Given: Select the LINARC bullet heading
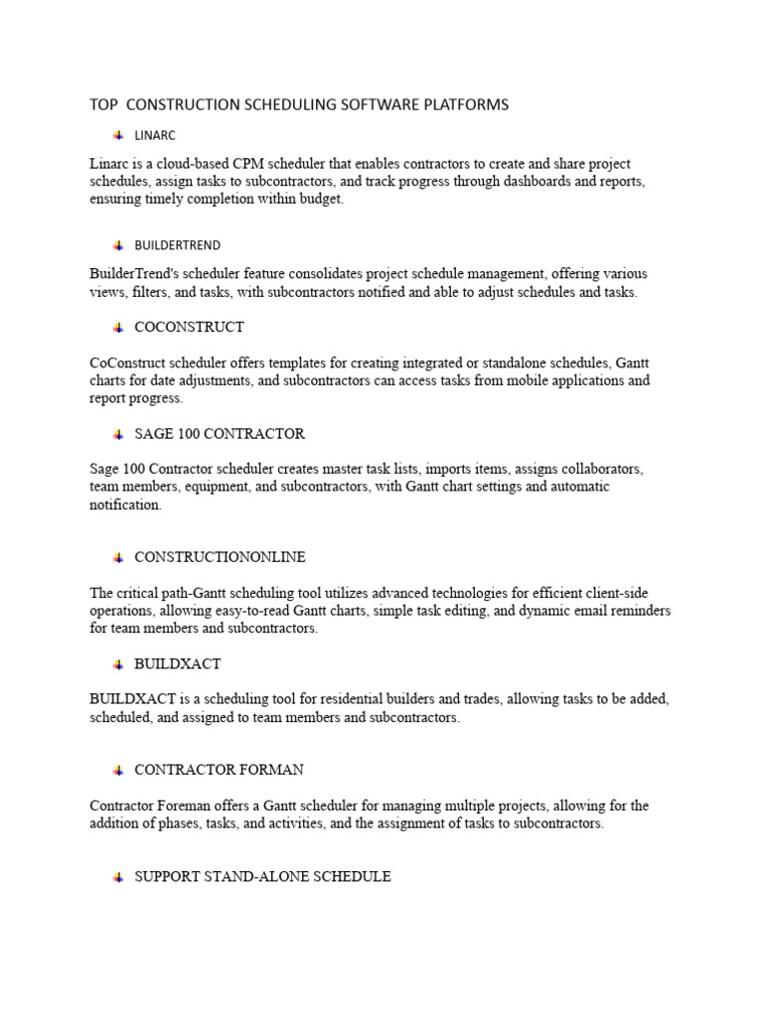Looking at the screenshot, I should (154, 136).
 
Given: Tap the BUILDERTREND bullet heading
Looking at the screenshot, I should (177, 245).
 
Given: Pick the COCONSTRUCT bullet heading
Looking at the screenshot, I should (189, 327).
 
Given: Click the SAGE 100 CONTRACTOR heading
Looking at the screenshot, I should (220, 434).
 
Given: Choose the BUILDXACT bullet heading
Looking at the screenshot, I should (178, 663).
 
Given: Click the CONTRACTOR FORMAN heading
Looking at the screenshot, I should (220, 770).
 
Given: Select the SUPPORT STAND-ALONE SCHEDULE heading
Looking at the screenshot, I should (262, 877).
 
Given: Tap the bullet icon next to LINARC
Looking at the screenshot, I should (118, 136).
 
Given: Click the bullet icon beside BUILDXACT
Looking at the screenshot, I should (118, 663).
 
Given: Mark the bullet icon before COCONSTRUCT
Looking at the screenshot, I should (118, 327).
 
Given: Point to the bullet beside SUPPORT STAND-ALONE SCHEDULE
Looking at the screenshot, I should (118, 877).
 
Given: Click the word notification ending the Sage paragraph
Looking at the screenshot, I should (124, 506).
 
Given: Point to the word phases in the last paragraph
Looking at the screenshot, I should (177, 824).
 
